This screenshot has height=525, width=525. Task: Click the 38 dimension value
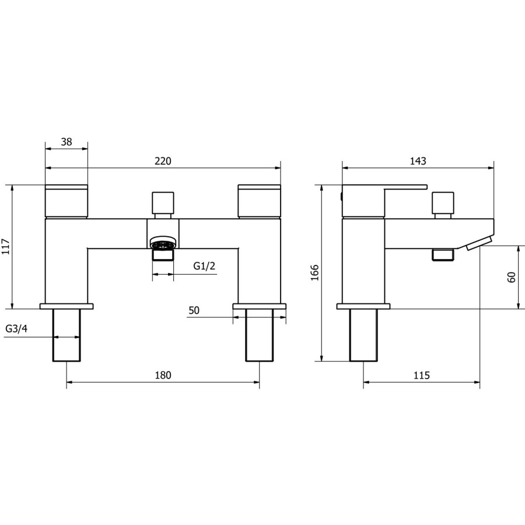[x=66, y=142]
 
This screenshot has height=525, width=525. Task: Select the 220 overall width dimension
[x=163, y=162]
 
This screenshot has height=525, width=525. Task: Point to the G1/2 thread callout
[x=205, y=266]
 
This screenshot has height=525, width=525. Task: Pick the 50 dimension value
[x=194, y=311]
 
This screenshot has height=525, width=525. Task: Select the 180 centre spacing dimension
[x=163, y=375]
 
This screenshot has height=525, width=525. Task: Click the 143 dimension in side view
[x=418, y=161]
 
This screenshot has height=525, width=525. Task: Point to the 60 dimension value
[x=512, y=277]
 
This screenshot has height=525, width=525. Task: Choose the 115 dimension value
[x=421, y=375]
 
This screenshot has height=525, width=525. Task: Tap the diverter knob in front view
[x=163, y=203]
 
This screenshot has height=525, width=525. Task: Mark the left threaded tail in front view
[x=66, y=335]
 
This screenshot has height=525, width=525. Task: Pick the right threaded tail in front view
[x=260, y=335]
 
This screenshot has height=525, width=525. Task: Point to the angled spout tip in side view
[x=478, y=242]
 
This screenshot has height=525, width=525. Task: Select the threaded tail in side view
[x=363, y=335]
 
